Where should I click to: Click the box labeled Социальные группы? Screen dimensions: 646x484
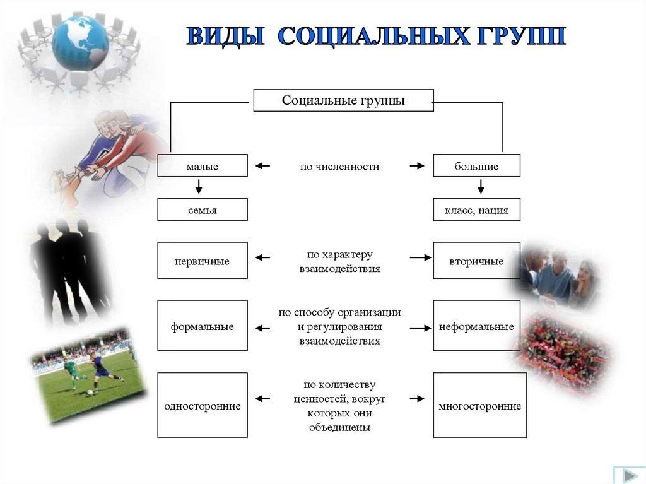(x=343, y=100)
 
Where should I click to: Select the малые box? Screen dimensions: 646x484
(x=203, y=166)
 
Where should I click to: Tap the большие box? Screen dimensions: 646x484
(x=477, y=166)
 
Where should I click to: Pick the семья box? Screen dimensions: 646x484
(x=203, y=210)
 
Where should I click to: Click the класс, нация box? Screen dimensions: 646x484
(x=477, y=210)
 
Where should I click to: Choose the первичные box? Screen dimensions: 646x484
(x=203, y=261)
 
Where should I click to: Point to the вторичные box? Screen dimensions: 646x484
(x=477, y=261)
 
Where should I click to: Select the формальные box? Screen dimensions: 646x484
(x=203, y=326)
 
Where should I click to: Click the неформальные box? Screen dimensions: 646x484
(x=477, y=326)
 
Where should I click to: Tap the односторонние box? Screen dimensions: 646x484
(x=203, y=405)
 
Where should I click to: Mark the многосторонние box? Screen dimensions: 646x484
(x=480, y=405)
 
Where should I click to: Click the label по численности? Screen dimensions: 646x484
(x=339, y=167)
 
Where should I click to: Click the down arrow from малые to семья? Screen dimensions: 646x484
(x=199, y=186)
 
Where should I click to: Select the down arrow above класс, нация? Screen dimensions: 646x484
(x=480, y=186)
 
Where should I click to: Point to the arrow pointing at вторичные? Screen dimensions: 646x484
(x=420, y=257)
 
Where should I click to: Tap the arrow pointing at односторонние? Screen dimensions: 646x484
(x=262, y=399)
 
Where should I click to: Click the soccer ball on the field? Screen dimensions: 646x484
(x=90, y=393)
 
